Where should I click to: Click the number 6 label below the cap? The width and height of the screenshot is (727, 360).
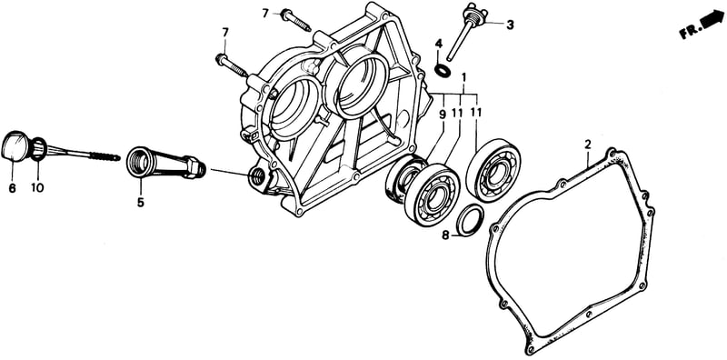[x=12, y=188]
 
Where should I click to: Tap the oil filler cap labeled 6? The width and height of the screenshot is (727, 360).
[x=15, y=146]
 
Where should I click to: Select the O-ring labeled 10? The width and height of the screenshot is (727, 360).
[x=39, y=149]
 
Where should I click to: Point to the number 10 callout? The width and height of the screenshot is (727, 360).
[x=37, y=188]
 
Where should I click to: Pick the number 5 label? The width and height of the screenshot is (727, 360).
[x=140, y=203]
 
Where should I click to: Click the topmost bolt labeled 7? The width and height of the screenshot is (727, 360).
[x=296, y=20]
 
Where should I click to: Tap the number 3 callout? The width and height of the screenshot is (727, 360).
[x=510, y=25]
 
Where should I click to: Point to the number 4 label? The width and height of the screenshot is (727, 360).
[x=439, y=45]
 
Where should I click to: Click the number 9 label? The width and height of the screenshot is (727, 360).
[x=442, y=112]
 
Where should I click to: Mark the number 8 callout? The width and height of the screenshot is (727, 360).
[x=445, y=235]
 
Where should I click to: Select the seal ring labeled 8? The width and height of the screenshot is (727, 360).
[x=471, y=219]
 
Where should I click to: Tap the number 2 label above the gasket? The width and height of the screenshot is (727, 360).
[x=587, y=145]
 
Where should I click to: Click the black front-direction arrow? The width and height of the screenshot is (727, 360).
[x=713, y=20]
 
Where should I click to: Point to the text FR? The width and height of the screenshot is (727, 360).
[x=690, y=32]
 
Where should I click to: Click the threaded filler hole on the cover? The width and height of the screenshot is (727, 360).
[x=257, y=175]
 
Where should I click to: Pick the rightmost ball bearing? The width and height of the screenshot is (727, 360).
[x=493, y=170]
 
